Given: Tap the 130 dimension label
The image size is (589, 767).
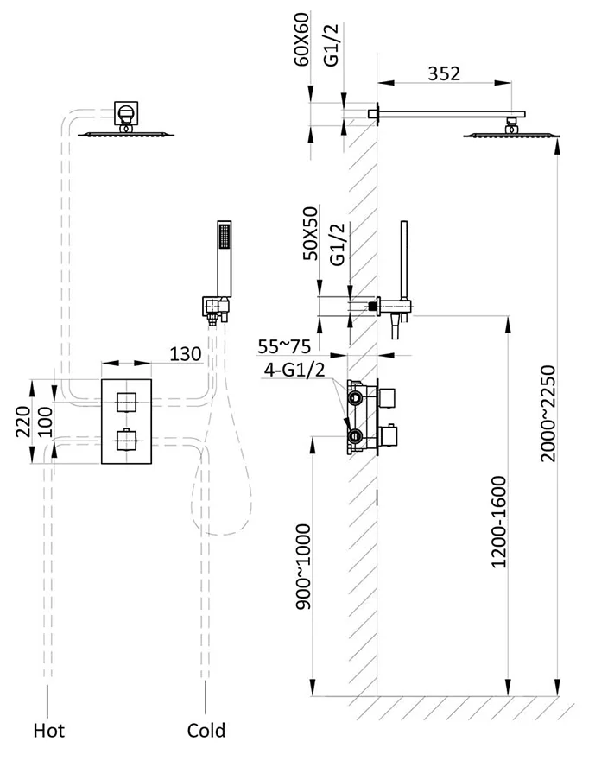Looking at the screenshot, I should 186,353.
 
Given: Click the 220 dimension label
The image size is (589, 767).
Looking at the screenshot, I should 22,422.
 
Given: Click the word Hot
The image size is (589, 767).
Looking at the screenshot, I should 48,731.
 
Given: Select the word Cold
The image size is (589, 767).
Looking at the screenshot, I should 206,731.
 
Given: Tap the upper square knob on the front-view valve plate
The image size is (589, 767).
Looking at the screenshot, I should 128,401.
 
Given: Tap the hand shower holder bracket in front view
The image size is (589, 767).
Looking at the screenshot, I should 215,307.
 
